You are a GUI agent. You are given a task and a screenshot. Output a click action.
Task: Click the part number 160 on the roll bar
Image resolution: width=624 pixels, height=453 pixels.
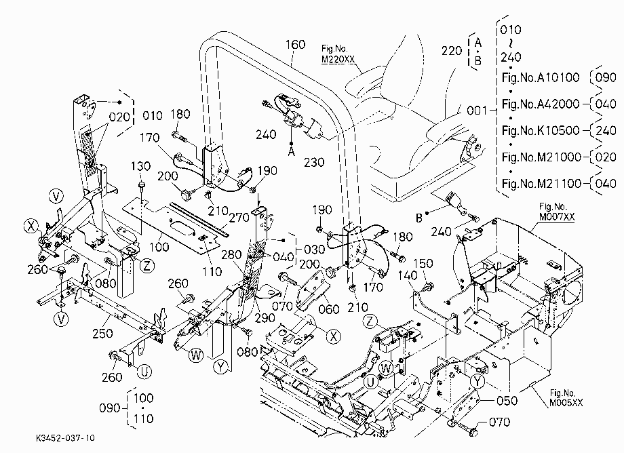(x=295, y=45)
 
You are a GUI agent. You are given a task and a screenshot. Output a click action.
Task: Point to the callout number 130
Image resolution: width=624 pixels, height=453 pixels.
(x=141, y=166)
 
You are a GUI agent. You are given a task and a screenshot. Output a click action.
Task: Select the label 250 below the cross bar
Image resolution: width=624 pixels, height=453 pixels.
(x=102, y=333)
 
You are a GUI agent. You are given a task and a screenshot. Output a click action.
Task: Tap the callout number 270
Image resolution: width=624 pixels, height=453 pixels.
(x=239, y=217)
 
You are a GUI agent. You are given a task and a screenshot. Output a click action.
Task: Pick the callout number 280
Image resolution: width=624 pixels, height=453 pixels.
(x=231, y=255)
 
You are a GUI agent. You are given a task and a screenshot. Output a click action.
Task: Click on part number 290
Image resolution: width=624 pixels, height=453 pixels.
(x=265, y=318)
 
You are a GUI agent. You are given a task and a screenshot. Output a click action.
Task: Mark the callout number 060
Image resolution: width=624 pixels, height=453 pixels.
(x=329, y=309)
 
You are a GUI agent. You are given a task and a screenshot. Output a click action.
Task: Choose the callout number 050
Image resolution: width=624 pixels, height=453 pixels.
(x=507, y=400)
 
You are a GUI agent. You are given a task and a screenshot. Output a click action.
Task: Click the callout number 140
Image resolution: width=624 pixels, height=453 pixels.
(x=408, y=275)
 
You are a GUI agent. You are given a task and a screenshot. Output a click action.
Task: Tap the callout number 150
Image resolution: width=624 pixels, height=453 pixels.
(x=423, y=263)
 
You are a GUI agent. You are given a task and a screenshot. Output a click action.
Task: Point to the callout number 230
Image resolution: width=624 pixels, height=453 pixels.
(x=314, y=162)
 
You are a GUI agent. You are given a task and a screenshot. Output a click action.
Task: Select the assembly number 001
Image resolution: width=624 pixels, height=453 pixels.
(x=477, y=110)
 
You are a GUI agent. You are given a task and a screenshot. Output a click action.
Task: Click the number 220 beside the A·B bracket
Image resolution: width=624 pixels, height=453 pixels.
(x=452, y=50)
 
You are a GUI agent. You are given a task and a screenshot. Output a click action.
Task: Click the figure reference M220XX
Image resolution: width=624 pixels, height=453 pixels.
(x=338, y=60)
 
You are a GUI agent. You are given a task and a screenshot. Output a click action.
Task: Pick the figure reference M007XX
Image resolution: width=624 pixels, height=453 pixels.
(x=557, y=217)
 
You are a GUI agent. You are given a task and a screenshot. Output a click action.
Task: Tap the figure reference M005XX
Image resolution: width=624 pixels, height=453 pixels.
(x=566, y=403)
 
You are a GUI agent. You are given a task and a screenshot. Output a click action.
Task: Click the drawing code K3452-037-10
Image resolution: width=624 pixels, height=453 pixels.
(x=65, y=438)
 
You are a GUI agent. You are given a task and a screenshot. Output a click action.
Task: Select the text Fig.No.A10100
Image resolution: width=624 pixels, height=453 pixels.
(x=541, y=77)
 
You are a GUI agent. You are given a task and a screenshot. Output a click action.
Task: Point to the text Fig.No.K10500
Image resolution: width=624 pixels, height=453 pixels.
(x=541, y=130)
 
